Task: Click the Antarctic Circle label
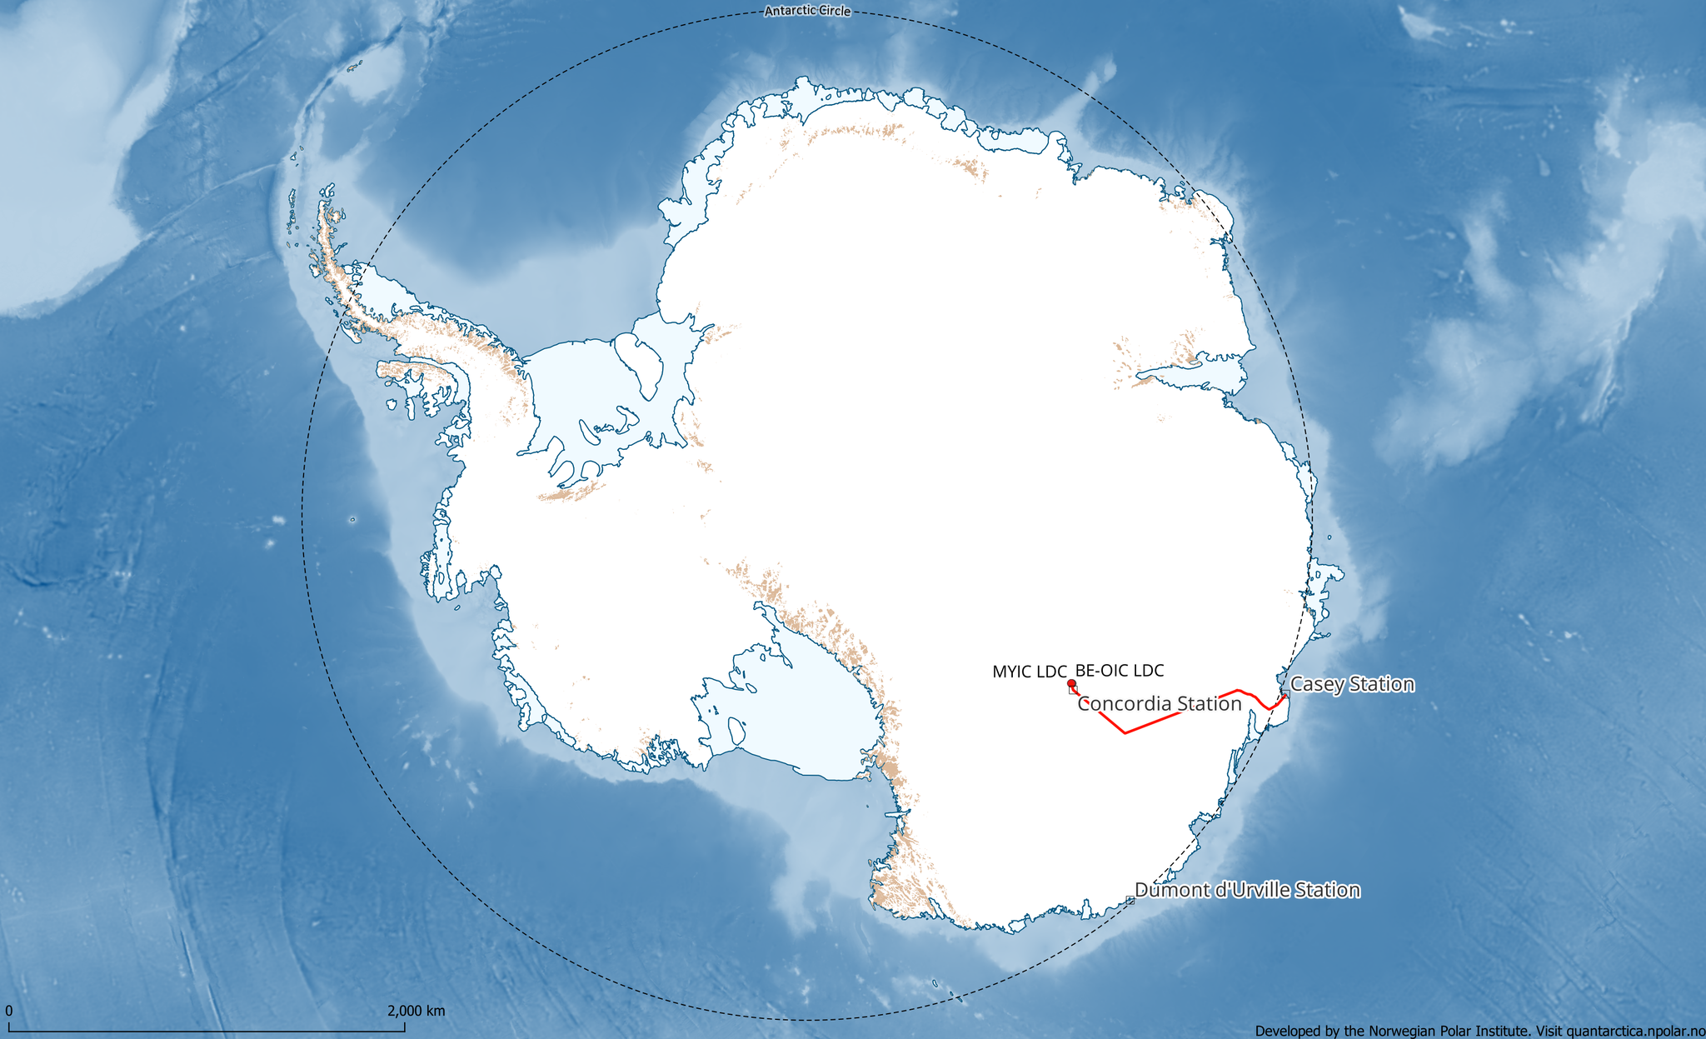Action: (807, 11)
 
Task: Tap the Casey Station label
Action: (1352, 684)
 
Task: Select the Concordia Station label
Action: (1160, 703)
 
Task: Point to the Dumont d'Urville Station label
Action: (1247, 890)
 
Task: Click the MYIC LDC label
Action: (1029, 672)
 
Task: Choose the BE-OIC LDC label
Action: (1120, 670)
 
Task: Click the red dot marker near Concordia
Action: (1071, 683)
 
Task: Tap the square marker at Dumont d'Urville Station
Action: (1130, 900)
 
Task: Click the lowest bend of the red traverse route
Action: (1125, 733)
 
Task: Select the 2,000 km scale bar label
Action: (416, 1012)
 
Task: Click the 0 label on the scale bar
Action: (8, 1012)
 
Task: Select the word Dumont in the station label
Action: (1166, 890)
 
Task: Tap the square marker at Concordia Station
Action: (1073, 690)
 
